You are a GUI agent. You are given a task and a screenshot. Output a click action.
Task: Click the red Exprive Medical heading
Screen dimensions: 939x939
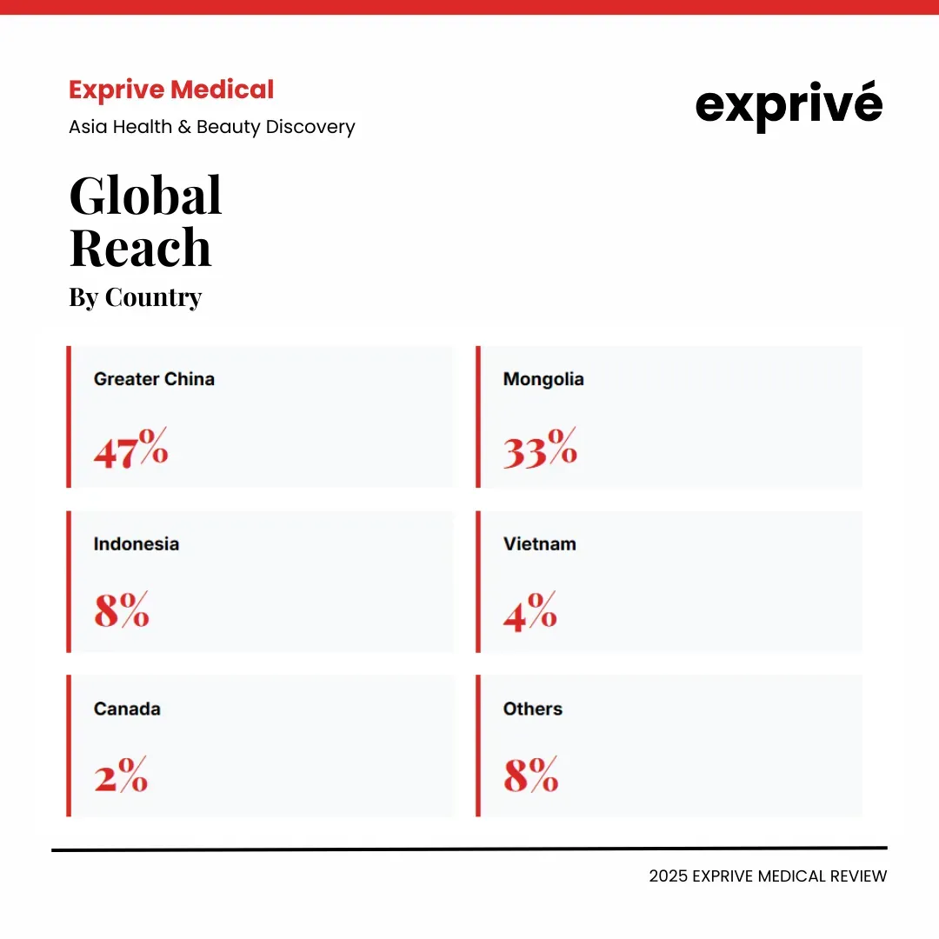pos(171,90)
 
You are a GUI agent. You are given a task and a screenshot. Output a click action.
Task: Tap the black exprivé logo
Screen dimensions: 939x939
pos(789,106)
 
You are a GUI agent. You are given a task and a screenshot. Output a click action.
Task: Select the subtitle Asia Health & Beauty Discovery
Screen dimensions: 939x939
pos(212,127)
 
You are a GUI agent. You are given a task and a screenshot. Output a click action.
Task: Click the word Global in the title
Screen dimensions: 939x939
pos(145,196)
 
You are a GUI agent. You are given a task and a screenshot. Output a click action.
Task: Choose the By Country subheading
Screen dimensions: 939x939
pos(135,297)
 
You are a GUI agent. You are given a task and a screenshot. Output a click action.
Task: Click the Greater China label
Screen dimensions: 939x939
pos(154,379)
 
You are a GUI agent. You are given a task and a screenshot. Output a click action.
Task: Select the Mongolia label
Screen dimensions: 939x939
pos(543,379)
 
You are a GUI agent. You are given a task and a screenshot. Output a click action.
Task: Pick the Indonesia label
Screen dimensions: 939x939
pos(137,544)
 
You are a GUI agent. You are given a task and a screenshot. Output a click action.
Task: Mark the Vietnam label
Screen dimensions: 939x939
pos(539,544)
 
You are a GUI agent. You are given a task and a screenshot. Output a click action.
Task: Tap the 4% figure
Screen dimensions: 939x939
pos(529,610)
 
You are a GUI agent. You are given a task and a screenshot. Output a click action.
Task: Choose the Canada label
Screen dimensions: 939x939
pos(127,709)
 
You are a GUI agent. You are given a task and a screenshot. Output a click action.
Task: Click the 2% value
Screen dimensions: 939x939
pos(121,774)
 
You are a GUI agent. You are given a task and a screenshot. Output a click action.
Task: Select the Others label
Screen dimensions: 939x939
pos(532,709)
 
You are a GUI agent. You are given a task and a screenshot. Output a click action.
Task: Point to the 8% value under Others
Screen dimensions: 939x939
pos(530,774)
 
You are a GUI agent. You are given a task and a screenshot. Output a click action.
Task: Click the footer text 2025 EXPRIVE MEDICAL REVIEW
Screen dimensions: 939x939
pos(768,876)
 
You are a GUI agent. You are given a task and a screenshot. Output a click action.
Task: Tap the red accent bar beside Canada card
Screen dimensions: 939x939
pos(69,746)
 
